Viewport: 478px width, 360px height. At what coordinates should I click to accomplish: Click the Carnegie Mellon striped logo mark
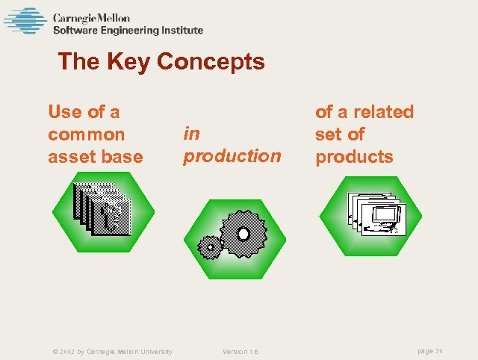click(25, 20)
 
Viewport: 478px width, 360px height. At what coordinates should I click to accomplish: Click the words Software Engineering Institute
click(128, 31)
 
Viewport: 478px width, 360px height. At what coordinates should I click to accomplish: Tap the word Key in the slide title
click(128, 61)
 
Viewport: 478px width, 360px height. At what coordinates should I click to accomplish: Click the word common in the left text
click(86, 134)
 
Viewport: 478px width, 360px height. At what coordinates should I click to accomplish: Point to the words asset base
click(95, 157)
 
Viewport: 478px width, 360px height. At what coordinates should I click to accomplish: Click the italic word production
click(232, 155)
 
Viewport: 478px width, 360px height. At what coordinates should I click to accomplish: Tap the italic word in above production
click(191, 133)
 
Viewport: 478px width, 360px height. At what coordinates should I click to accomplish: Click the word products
click(353, 157)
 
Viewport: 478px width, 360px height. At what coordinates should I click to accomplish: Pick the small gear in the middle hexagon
click(210, 246)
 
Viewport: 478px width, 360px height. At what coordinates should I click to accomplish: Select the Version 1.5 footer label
click(240, 351)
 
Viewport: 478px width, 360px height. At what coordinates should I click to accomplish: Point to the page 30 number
click(431, 351)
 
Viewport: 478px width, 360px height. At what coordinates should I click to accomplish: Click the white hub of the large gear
click(243, 235)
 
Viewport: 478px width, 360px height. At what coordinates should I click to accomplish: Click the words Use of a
click(84, 112)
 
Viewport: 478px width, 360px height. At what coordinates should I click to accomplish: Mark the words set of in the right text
click(339, 134)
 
